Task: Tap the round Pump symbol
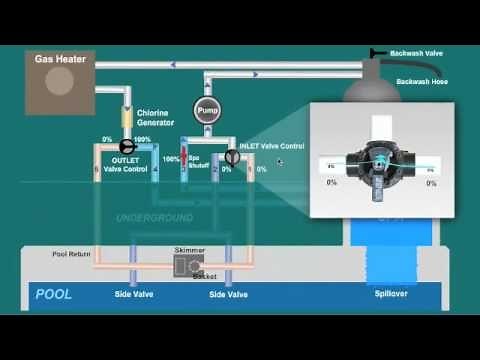click(x=206, y=110)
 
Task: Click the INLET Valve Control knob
click(x=231, y=157)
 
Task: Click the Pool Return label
click(x=72, y=254)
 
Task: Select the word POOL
click(x=54, y=295)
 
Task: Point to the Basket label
click(x=204, y=276)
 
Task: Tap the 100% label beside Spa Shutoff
click(x=170, y=159)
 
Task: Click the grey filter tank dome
click(x=370, y=91)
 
